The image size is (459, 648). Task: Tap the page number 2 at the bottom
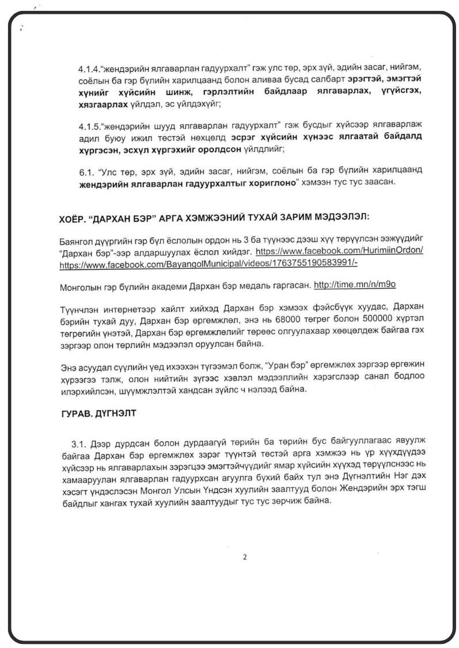pyautogui.click(x=245, y=556)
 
